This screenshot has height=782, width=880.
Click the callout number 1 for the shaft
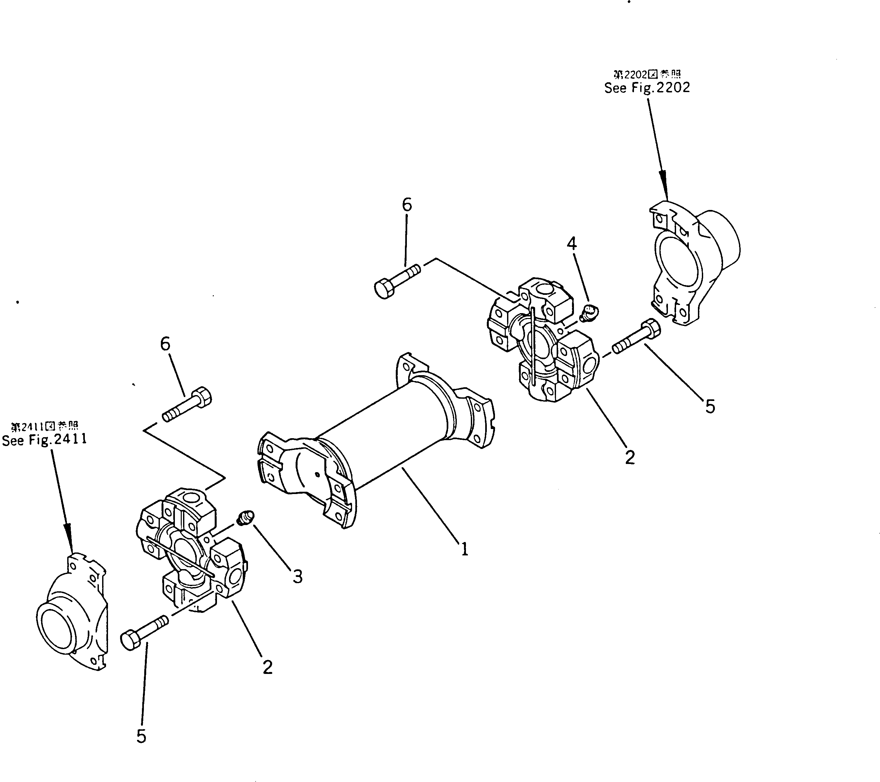[464, 549]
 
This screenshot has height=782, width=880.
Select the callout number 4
[571, 244]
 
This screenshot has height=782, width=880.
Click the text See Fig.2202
[647, 88]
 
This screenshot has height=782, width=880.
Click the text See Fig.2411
[44, 439]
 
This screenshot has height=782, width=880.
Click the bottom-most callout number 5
[141, 736]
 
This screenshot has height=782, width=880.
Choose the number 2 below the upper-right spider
[629, 457]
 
